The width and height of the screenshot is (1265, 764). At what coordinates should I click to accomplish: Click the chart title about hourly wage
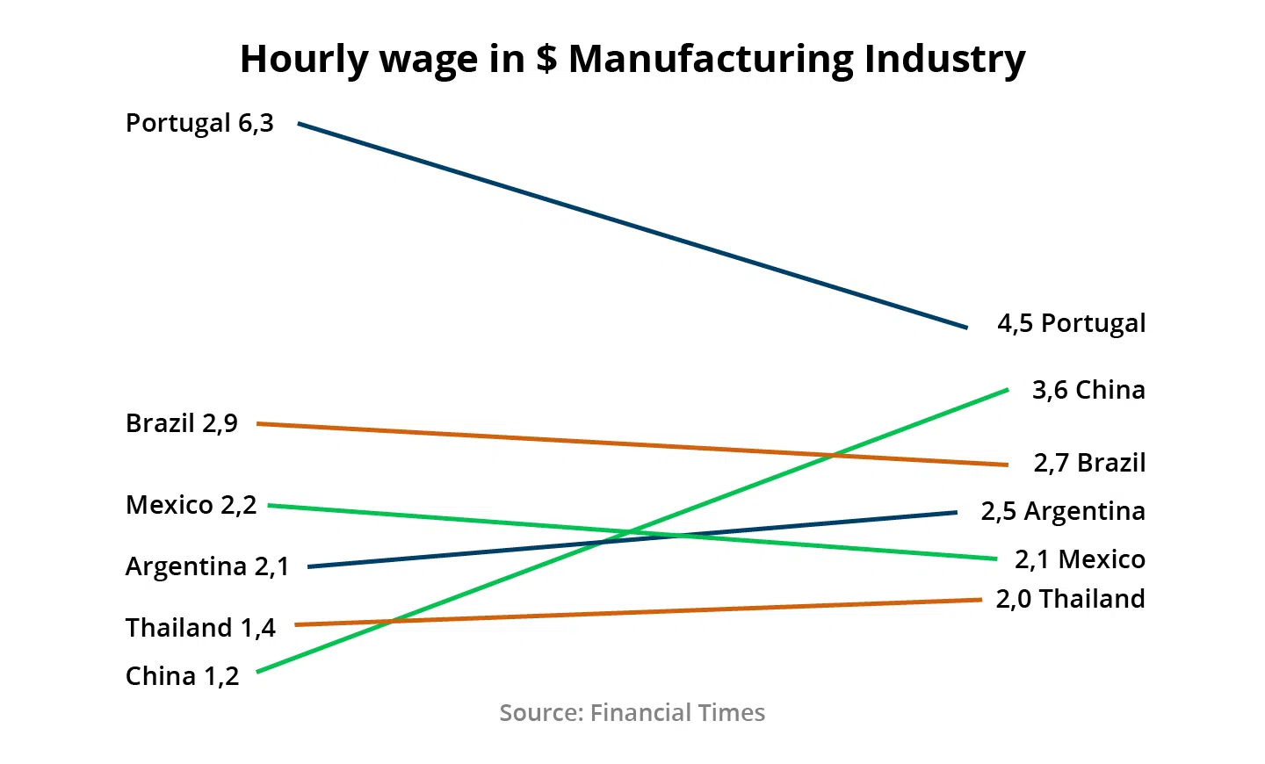(x=632, y=59)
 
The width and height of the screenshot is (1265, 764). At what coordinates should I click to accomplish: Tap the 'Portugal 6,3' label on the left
(x=199, y=123)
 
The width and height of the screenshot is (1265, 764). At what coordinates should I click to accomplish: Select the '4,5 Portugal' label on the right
(x=1071, y=323)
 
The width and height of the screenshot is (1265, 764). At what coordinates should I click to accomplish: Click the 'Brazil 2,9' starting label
(x=182, y=423)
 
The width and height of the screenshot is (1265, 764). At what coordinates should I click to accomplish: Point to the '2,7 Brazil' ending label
(x=1089, y=463)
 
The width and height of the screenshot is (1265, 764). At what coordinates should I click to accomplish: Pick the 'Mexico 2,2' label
(x=192, y=505)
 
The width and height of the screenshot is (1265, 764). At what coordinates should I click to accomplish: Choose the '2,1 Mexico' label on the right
(x=1080, y=559)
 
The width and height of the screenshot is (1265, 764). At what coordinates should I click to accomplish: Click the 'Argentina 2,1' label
(x=207, y=566)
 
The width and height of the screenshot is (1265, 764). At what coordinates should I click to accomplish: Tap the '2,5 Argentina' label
(x=1063, y=511)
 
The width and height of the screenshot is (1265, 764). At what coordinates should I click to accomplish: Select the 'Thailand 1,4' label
(x=200, y=628)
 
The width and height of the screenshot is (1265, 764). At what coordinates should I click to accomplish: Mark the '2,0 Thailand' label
(x=1070, y=599)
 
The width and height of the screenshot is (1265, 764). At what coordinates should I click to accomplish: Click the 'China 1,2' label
(x=182, y=676)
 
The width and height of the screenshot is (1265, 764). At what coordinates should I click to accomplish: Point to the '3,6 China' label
(x=1088, y=390)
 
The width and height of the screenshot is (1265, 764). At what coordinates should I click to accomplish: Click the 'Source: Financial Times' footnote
(x=632, y=712)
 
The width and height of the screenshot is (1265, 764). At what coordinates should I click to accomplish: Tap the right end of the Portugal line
(x=966, y=328)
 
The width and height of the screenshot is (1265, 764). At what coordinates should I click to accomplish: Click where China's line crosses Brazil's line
(x=831, y=455)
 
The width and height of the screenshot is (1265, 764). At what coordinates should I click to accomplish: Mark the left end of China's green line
(x=258, y=672)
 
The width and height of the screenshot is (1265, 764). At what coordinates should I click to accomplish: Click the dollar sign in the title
(x=546, y=59)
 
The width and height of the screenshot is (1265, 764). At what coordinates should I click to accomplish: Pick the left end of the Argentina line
(x=309, y=567)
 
